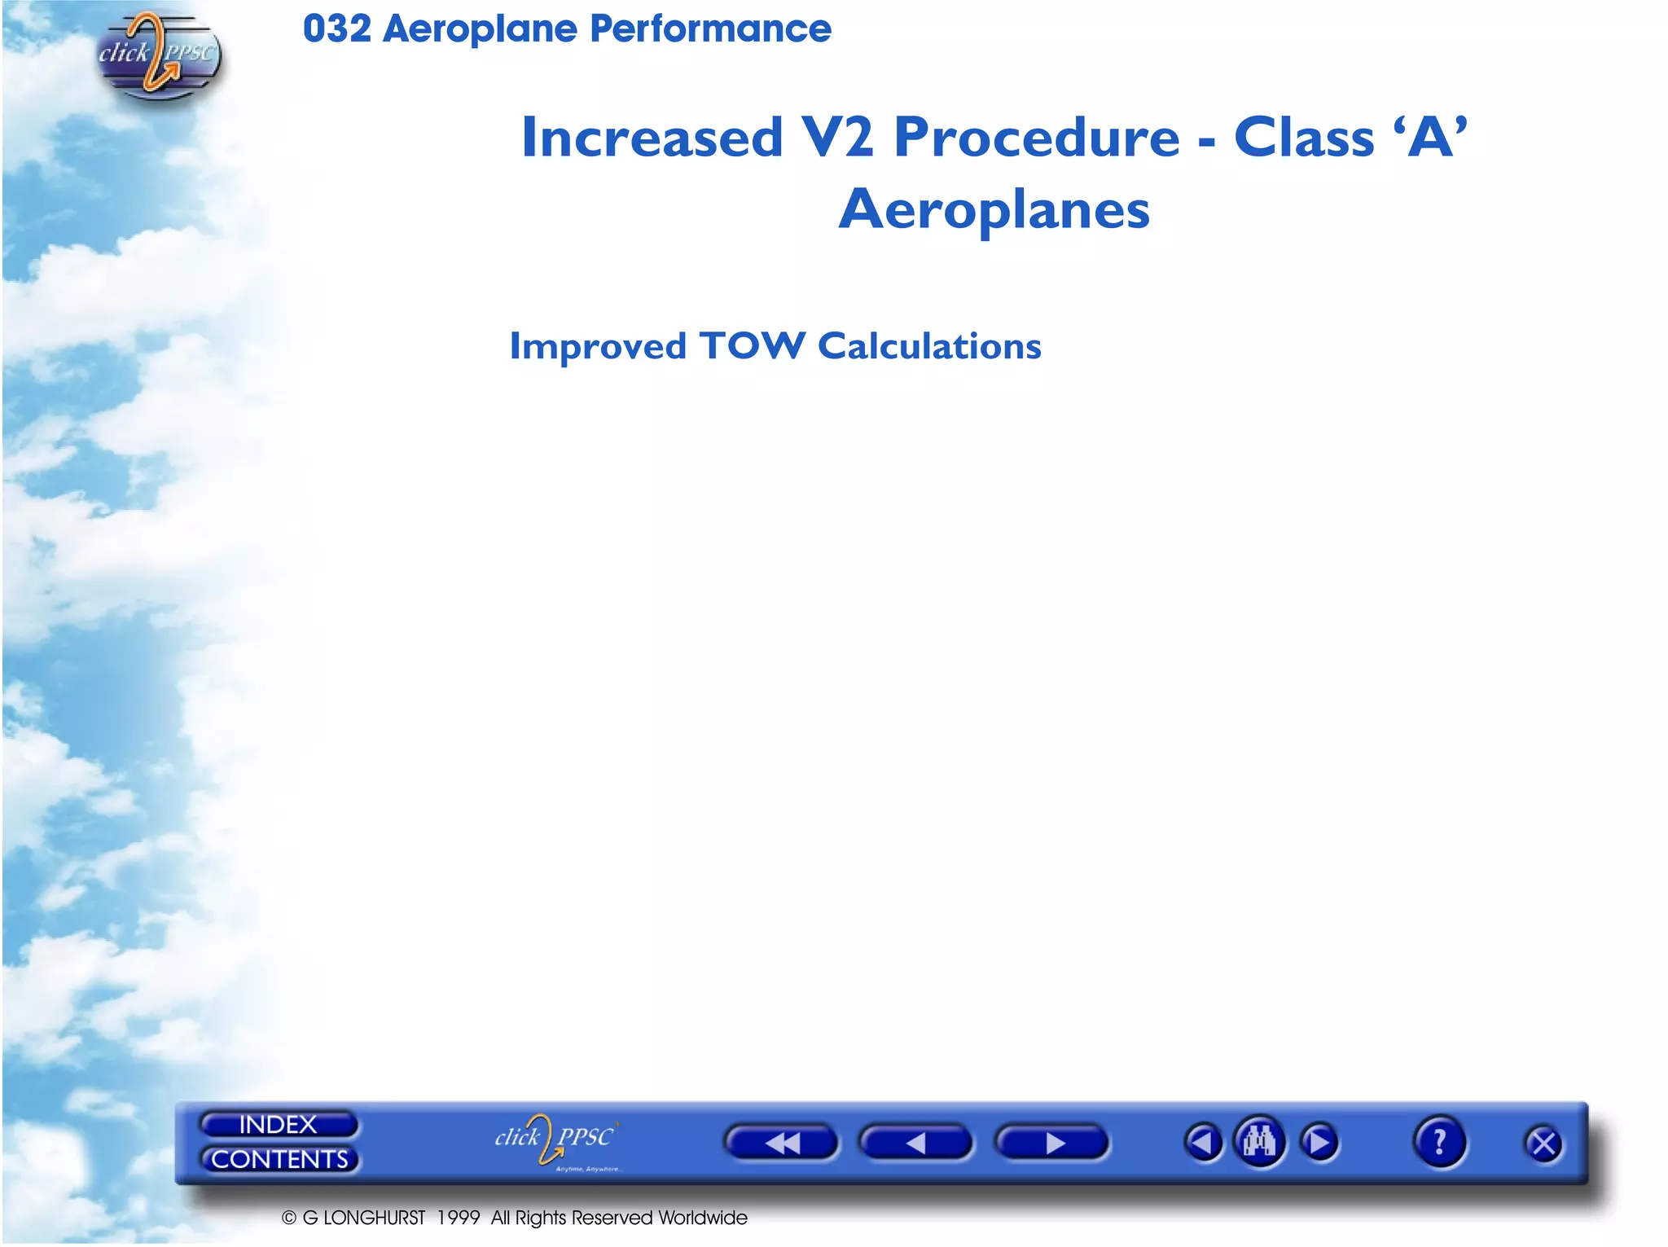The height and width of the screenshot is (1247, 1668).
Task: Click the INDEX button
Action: pyautogui.click(x=278, y=1125)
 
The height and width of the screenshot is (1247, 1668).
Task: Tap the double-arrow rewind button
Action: pyautogui.click(x=781, y=1143)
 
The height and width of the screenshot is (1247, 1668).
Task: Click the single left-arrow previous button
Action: pyautogui.click(x=915, y=1143)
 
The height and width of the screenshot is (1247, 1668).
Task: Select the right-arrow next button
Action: pyautogui.click(x=1052, y=1143)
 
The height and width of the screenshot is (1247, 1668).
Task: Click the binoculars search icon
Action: pyautogui.click(x=1259, y=1142)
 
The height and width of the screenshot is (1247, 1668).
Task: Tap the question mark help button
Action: pyautogui.click(x=1439, y=1142)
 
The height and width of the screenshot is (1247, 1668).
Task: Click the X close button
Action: pyautogui.click(x=1543, y=1144)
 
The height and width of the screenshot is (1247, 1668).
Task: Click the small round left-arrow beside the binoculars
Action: pyautogui.click(x=1203, y=1143)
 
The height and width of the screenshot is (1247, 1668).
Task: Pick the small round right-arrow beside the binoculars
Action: pyautogui.click(x=1319, y=1143)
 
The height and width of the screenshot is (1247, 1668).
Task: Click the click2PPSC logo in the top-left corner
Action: pyautogui.click(x=158, y=55)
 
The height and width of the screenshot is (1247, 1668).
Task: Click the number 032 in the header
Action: pyautogui.click(x=336, y=29)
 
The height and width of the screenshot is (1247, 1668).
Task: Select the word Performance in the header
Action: pyautogui.click(x=710, y=29)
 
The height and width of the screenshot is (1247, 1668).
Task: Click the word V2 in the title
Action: pyautogui.click(x=837, y=137)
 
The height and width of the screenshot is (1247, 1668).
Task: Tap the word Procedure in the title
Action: pyautogui.click(x=1036, y=137)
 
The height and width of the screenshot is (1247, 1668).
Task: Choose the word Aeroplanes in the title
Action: pyautogui.click(x=994, y=210)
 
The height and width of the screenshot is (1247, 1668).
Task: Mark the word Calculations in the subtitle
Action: pyautogui.click(x=929, y=346)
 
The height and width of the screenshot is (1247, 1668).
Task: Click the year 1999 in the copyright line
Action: pyautogui.click(x=459, y=1218)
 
